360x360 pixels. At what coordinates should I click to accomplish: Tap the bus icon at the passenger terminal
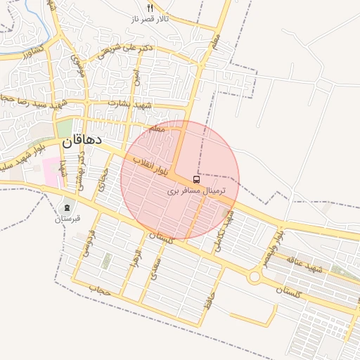[x=195, y=179]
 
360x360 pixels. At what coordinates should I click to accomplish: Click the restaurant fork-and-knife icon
[x=149, y=7]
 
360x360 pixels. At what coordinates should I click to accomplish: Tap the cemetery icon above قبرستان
[x=67, y=207]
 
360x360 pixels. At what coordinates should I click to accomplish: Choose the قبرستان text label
[x=67, y=219]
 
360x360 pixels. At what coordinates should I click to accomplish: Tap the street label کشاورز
[x=33, y=51]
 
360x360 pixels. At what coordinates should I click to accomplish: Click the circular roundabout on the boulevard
[x=254, y=277]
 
